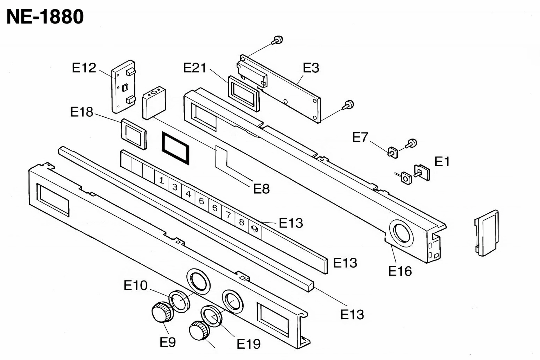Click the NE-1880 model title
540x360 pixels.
(x=45, y=17)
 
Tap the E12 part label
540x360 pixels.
(x=84, y=68)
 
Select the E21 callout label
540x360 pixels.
(x=195, y=68)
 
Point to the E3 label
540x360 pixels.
(x=311, y=68)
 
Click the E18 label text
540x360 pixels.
(x=82, y=112)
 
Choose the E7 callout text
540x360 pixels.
(x=360, y=137)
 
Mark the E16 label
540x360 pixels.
(x=400, y=271)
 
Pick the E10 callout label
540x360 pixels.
(x=135, y=285)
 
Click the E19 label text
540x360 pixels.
(x=249, y=344)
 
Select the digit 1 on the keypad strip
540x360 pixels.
(x=161, y=180)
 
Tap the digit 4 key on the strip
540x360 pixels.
(x=188, y=194)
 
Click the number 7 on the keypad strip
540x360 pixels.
(x=228, y=214)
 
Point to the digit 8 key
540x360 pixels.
(x=242, y=222)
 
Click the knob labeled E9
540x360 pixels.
(x=162, y=312)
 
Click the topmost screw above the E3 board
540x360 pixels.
(x=277, y=40)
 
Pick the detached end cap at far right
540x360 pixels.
(x=487, y=233)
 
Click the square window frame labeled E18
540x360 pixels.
(x=134, y=134)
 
